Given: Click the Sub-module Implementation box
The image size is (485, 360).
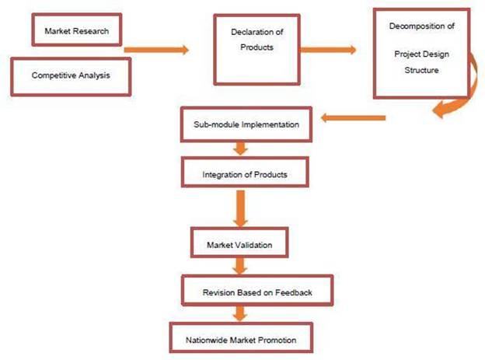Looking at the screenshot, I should point(251,124).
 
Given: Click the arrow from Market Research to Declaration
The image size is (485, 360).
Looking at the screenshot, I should point(157,50).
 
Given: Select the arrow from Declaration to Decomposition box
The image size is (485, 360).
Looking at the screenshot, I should point(327,50).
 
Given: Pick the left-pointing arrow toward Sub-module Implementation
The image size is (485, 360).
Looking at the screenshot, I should point(354,118).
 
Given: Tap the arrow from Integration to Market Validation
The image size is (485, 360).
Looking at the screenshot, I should point(240,208).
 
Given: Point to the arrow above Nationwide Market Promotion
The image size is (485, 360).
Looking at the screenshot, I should point(240,314).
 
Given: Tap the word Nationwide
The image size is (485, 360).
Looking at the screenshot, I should point(206,341).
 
